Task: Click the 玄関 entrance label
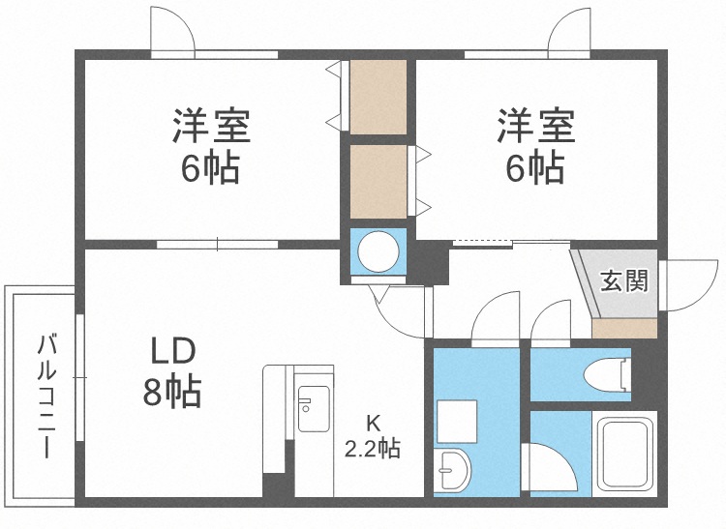pyautogui.click(x=623, y=281)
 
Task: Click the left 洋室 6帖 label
pyautogui.click(x=211, y=146)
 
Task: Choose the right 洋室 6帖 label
pyautogui.click(x=535, y=146)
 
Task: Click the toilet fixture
pyautogui.click(x=610, y=372)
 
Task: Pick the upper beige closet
pyautogui.click(x=378, y=97)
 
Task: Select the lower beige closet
pyautogui.click(x=378, y=181)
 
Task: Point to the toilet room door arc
pyautogui.click(x=552, y=321)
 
